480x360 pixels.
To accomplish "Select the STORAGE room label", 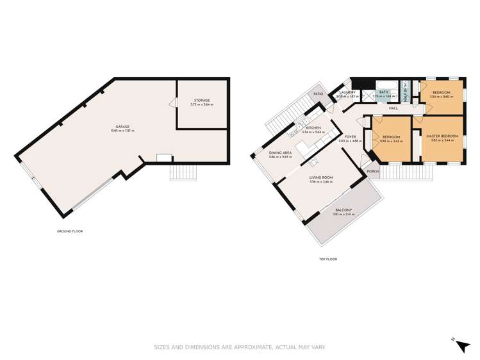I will [202, 101].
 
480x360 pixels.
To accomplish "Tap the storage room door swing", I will [172, 103].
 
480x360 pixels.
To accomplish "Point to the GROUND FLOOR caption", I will [70, 231].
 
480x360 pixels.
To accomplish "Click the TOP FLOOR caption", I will [328, 259].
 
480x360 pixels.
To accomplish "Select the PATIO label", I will [318, 94].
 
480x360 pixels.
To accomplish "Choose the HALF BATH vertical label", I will [405, 92].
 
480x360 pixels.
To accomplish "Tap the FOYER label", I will [350, 136].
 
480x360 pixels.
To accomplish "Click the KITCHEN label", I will [313, 128].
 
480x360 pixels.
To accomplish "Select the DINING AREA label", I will [280, 153].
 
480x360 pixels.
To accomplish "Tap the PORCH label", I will [372, 172].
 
